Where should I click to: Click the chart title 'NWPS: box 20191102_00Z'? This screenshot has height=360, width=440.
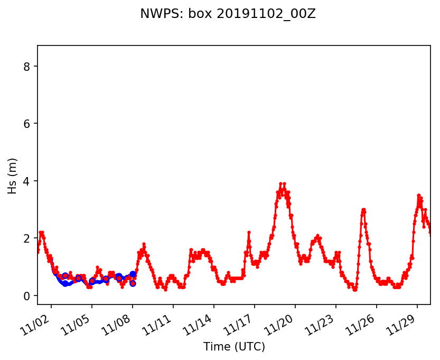point(228,14)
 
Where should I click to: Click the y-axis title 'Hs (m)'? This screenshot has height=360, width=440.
point(12,176)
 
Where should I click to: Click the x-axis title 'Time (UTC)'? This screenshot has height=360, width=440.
point(234,347)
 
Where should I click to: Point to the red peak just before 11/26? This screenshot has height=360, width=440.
point(363,210)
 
